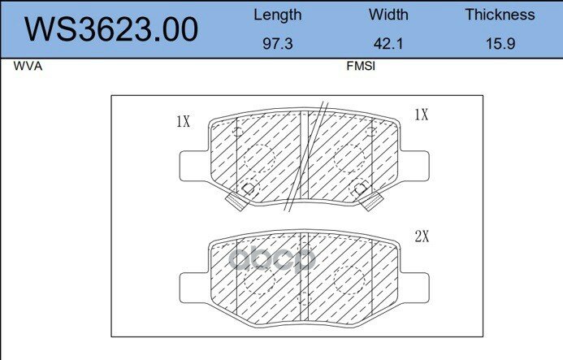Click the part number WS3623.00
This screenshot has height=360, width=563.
coord(111,29)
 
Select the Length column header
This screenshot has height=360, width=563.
coord(278,15)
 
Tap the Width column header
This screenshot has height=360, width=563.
coord(388,15)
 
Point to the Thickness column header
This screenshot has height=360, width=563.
coord(500,15)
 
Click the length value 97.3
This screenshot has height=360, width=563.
coord(278,44)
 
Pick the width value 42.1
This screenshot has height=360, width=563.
coord(388,44)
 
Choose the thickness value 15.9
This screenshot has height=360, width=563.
coord(500,44)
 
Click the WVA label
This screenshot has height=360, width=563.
coord(28,67)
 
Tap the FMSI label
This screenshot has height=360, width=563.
coord(361,67)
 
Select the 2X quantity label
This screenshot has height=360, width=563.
coord(422,236)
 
